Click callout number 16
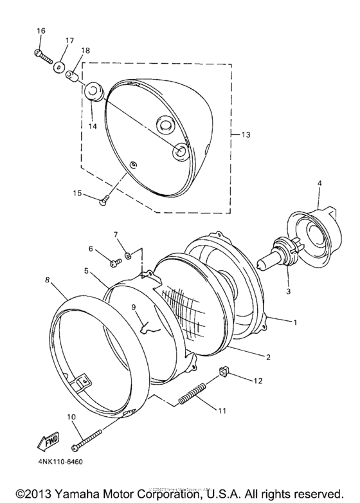[x=41, y=31]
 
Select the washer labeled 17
[x=59, y=66]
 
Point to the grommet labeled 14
[x=94, y=91]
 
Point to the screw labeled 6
[x=114, y=262]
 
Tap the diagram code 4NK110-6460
[x=56, y=461]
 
